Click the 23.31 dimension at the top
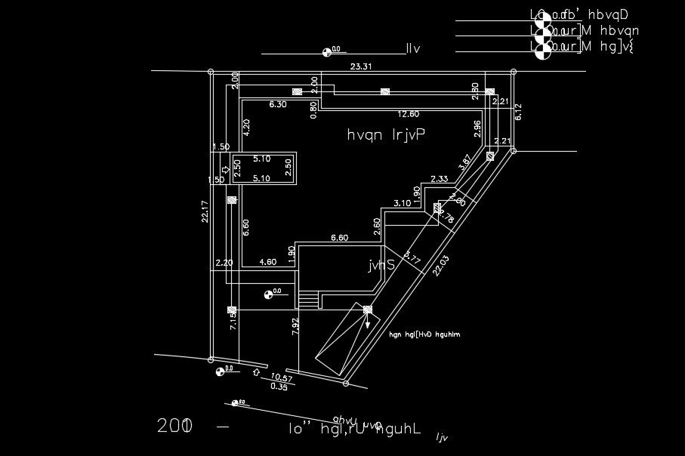pyautogui.click(x=361, y=67)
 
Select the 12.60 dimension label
pyautogui.click(x=409, y=114)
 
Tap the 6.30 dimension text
pyautogui.click(x=278, y=105)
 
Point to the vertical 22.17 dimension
pyautogui.click(x=204, y=211)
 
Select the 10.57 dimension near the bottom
pyautogui.click(x=282, y=377)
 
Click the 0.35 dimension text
pyautogui.click(x=278, y=387)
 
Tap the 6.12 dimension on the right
pyautogui.click(x=518, y=112)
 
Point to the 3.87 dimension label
pyautogui.click(x=465, y=162)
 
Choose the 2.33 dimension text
pyautogui.click(x=440, y=179)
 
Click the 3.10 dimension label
pyautogui.click(x=402, y=203)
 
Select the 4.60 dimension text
pyautogui.click(x=268, y=262)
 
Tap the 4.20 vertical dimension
pyautogui.click(x=246, y=127)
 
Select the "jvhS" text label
pyautogui.click(x=381, y=265)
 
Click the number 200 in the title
pyautogui.click(x=175, y=426)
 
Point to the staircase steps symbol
pyautogui.click(x=309, y=300)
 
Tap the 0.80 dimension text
pyautogui.click(x=314, y=109)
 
